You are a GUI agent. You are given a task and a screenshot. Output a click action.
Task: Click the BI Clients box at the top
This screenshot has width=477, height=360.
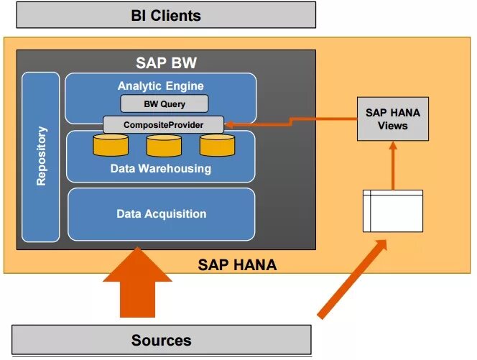pyautogui.click(x=166, y=14)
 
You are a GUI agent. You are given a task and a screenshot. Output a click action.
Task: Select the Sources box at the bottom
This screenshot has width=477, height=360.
pyautogui.click(x=161, y=340)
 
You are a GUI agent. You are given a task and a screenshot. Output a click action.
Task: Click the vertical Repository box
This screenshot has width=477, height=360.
pyautogui.click(x=41, y=157)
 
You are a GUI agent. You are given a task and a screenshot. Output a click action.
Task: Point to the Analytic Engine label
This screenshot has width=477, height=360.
pyautogui.click(x=160, y=86)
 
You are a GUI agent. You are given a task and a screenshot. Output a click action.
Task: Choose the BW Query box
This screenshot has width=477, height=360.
pyautogui.click(x=164, y=104)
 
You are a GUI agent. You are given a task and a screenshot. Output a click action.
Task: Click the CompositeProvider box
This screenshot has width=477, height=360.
pyautogui.click(x=163, y=124)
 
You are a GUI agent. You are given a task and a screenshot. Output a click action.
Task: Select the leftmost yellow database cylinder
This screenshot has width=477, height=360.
pyautogui.click(x=111, y=146)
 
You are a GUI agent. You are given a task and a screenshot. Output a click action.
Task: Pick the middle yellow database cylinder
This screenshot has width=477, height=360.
pyautogui.click(x=164, y=146)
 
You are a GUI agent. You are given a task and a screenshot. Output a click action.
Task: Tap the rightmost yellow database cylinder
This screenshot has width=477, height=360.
pyautogui.click(x=217, y=146)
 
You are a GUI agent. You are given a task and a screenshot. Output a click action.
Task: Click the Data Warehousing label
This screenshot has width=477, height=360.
pyautogui.click(x=160, y=169)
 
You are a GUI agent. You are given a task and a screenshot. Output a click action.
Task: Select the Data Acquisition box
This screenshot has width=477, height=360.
pyautogui.click(x=161, y=214)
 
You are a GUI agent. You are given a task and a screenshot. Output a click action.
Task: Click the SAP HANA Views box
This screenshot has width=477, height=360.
pyautogui.click(x=392, y=119)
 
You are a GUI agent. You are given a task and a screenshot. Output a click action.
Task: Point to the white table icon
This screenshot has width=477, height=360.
pyautogui.click(x=392, y=211)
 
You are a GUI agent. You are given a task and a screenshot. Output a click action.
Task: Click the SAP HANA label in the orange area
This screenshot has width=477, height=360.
pyautogui.click(x=237, y=265)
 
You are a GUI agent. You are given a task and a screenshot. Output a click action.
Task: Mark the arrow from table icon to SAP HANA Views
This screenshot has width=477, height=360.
pyautogui.click(x=392, y=165)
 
